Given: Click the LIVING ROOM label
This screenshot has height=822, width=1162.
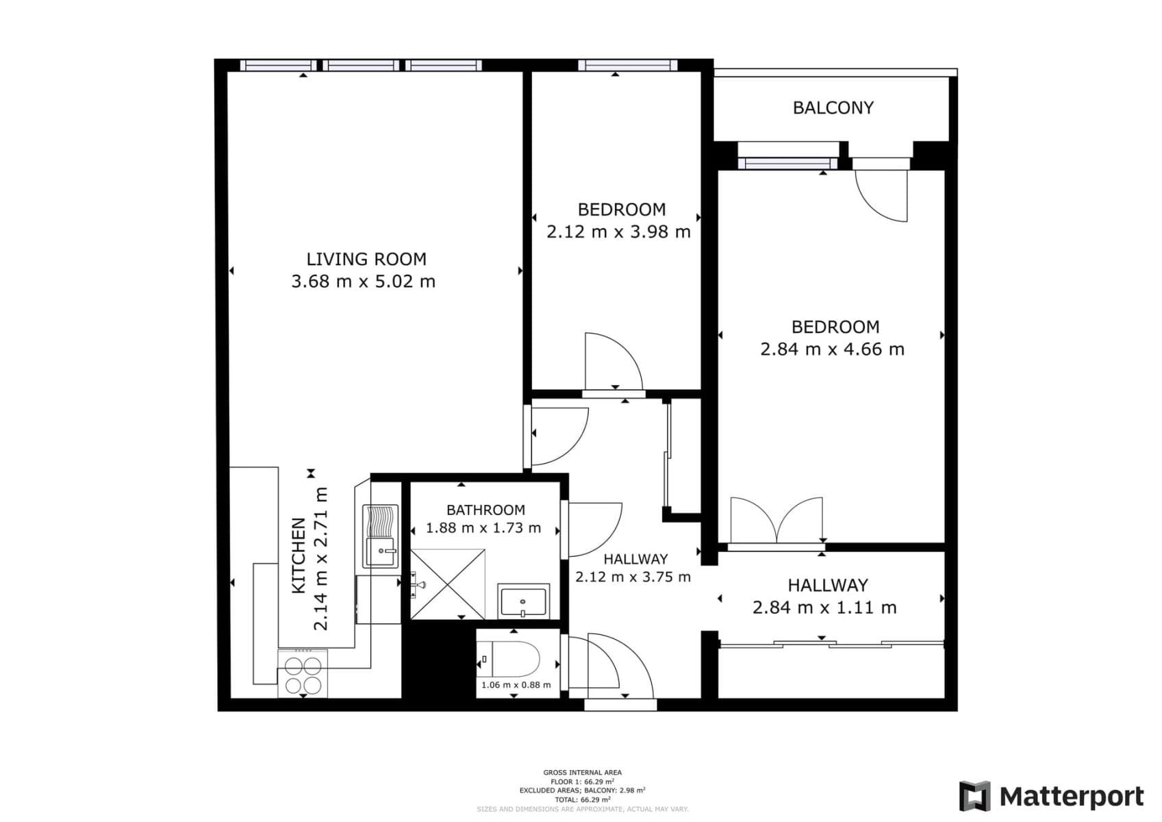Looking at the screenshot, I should [x=366, y=259].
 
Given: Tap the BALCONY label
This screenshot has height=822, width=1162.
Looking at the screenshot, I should [x=833, y=108].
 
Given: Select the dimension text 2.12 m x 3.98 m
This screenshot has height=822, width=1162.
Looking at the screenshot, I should [x=618, y=232].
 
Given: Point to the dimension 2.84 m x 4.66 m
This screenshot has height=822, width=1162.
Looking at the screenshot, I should [x=832, y=349].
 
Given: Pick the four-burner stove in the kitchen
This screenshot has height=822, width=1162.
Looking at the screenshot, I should [x=303, y=675].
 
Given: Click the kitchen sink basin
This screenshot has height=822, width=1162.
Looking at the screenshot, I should [x=381, y=552].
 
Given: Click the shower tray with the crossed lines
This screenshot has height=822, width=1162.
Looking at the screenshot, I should [x=447, y=584].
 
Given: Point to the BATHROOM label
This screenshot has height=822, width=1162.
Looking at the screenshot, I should [x=485, y=510].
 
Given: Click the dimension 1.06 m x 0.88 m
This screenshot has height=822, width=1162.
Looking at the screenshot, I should [x=516, y=685].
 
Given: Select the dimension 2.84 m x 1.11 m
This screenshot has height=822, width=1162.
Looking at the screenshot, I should [x=824, y=608].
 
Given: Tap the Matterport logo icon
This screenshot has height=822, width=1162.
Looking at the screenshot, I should [x=974, y=796].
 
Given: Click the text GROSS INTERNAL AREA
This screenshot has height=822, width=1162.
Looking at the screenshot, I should [x=582, y=773].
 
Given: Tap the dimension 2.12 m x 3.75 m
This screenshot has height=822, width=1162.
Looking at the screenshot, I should [x=633, y=577].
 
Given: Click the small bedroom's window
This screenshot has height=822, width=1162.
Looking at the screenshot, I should [x=627, y=66].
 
